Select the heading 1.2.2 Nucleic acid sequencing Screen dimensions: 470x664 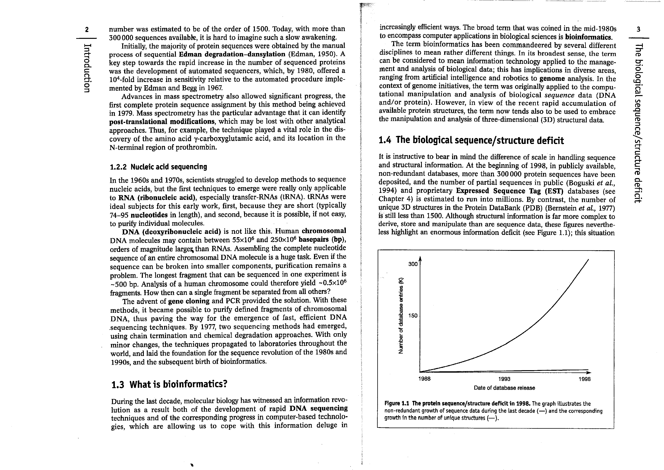tap(158, 167)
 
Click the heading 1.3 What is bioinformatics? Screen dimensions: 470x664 tap(169, 384)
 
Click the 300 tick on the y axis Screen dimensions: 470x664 tap(413, 264)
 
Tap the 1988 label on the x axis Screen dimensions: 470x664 tap(425, 379)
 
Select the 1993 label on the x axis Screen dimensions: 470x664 tap(504, 379)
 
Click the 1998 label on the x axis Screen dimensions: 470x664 tap(584, 379)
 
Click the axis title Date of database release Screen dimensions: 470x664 tap(504, 388)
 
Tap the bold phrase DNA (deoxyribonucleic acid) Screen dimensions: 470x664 tap(171, 231)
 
